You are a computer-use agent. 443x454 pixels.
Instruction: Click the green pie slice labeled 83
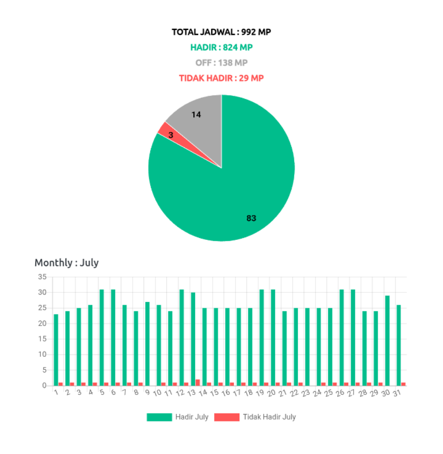[x=234, y=191]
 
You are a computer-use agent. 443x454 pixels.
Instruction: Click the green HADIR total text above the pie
[x=221, y=47]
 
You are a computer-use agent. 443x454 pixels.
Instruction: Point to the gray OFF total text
[x=221, y=63]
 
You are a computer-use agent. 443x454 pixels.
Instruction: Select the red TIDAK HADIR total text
[x=221, y=78]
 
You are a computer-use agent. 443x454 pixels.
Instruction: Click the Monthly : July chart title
[x=66, y=263]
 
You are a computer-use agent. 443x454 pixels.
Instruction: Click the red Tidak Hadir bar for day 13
[x=198, y=382]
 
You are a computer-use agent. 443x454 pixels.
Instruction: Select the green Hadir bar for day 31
[x=399, y=344]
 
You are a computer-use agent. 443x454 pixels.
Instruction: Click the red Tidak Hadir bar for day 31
[x=404, y=384]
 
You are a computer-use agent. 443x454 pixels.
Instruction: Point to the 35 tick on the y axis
[x=42, y=277]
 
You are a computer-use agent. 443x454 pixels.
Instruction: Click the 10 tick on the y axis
[x=42, y=354]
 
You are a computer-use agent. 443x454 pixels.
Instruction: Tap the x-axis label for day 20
[x=271, y=393]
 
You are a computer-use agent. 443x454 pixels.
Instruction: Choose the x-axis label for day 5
[x=102, y=392]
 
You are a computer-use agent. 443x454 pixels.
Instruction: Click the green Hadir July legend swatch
[x=159, y=417]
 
